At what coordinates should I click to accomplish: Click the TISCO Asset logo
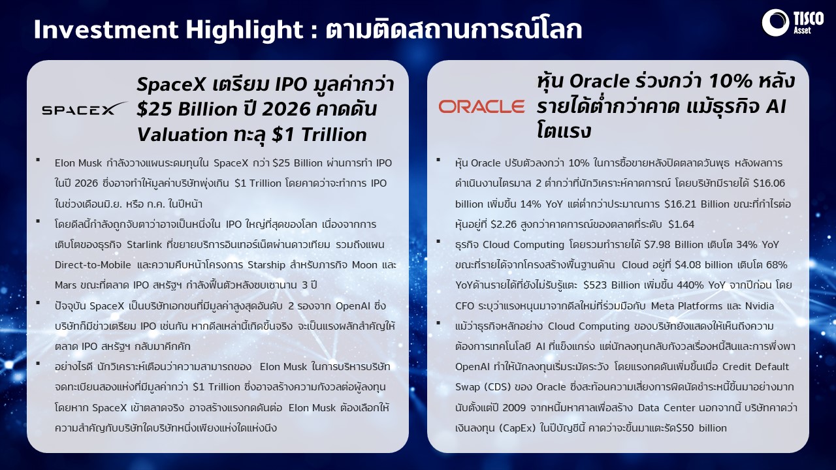coord(793,23)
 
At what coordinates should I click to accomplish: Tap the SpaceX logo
coord(84,109)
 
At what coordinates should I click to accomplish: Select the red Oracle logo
coord(481,106)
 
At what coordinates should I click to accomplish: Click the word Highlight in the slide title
coord(245,29)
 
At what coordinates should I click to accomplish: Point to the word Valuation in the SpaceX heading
coord(182,134)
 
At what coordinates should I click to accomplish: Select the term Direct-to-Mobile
coord(93,265)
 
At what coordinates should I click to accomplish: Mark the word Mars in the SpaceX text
coord(65,285)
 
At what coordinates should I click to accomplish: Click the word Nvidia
coord(760,306)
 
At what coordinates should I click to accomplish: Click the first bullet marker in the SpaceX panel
coord(38,160)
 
